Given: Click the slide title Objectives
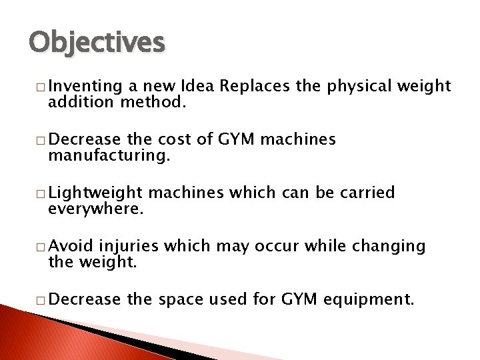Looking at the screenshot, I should (x=96, y=43).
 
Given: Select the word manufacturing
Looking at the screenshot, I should (x=109, y=157).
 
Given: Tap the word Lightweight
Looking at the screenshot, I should (x=96, y=193).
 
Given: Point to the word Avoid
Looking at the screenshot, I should (x=71, y=247).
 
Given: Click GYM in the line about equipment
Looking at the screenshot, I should (x=298, y=300).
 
